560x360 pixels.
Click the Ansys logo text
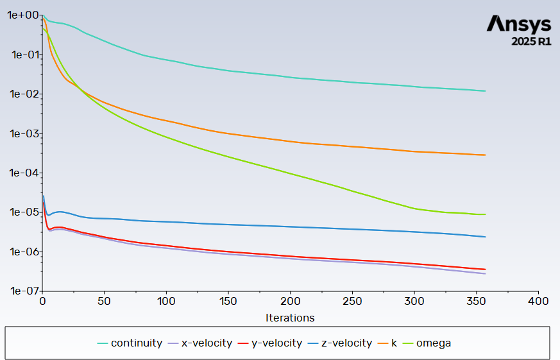click(518, 24)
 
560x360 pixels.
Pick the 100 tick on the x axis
click(166, 301)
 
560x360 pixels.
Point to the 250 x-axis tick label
click(352, 301)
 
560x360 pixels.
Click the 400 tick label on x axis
click(538, 301)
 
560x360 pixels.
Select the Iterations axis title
click(290, 318)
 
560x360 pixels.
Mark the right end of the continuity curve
click(486, 91)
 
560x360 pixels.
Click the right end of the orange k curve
click(486, 155)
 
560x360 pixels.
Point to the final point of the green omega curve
click(486, 214)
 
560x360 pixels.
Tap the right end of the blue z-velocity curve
click(486, 237)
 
